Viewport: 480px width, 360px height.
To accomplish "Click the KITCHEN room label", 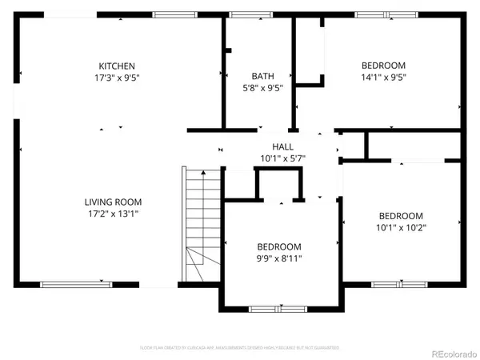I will click(x=116, y=66).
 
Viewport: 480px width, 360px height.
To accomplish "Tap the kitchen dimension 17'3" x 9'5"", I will click(x=116, y=78).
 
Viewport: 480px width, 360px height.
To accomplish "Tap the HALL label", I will click(x=282, y=146).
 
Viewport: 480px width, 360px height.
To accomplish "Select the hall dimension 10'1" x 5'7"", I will click(x=282, y=158).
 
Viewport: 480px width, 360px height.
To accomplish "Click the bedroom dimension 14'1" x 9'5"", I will click(x=383, y=78).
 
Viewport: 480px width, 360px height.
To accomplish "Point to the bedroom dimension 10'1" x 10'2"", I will click(x=401, y=227).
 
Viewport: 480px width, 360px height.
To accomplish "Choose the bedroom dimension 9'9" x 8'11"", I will click(x=278, y=258).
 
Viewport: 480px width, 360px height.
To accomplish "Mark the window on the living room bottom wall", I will click(x=74, y=284).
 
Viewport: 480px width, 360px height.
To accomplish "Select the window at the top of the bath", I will click(x=243, y=14).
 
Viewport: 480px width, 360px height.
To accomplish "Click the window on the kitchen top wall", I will click(x=176, y=14).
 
